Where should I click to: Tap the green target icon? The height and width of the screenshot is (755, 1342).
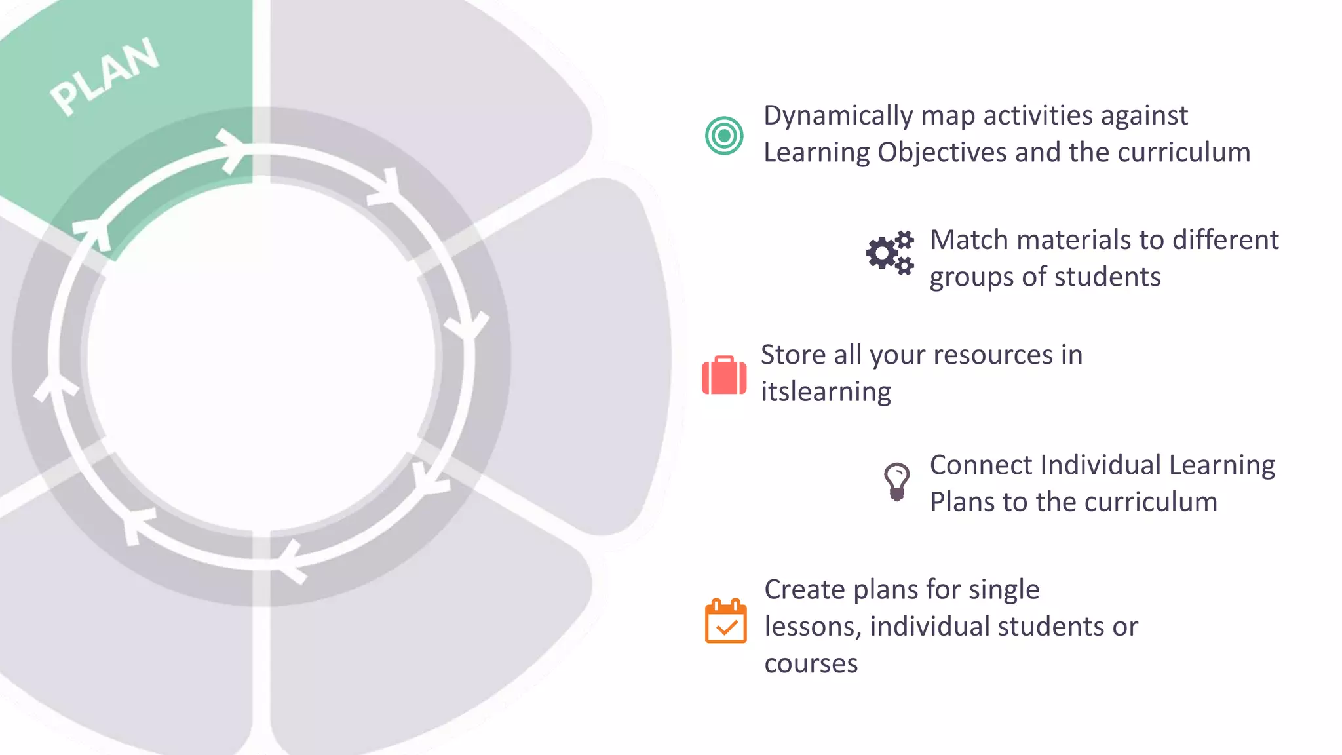(x=724, y=136)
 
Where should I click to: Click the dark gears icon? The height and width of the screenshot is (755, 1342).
(x=890, y=253)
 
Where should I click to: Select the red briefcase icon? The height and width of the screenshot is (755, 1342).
(x=724, y=376)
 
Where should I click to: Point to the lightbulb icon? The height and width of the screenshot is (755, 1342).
(x=896, y=482)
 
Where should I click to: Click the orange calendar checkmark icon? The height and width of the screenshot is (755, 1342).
(x=725, y=621)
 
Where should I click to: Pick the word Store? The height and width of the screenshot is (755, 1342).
(x=793, y=355)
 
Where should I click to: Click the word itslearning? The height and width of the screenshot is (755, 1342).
(x=826, y=392)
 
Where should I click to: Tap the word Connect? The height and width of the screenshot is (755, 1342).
(x=980, y=465)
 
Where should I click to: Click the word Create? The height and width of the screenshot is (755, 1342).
(x=805, y=590)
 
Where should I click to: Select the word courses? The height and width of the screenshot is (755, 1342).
(x=811, y=664)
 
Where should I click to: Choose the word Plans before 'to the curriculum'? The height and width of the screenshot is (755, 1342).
(x=962, y=503)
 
